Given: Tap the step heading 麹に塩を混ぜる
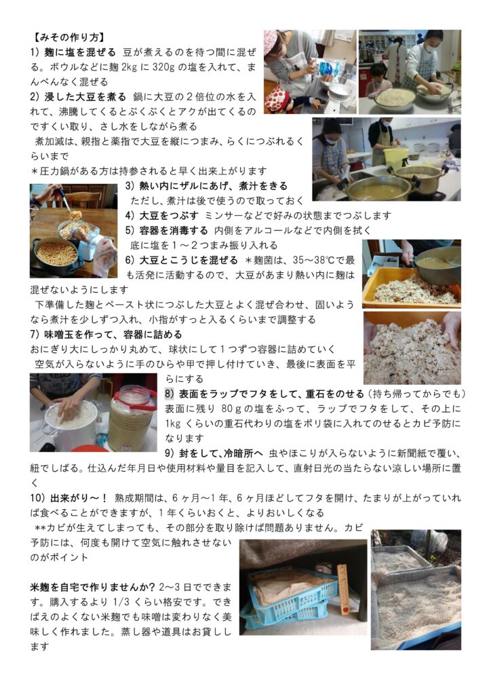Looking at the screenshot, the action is pyautogui.click(x=80, y=52).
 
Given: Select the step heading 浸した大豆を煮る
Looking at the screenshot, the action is pyautogui.click(x=85, y=96).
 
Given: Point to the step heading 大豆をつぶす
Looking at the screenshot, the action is pyautogui.click(x=169, y=215).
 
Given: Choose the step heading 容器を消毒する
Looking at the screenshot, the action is pyautogui.click(x=174, y=231).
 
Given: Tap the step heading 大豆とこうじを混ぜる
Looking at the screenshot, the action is pyautogui.click(x=189, y=260).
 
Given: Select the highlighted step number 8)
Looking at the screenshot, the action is pyautogui.click(x=170, y=394).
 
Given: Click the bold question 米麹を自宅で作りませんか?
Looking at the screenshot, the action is pyautogui.click(x=92, y=587).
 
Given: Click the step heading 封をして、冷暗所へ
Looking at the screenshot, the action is pyautogui.click(x=221, y=453).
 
